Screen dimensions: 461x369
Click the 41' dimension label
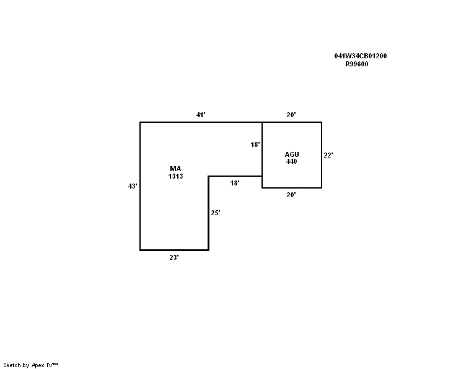coord(201,115)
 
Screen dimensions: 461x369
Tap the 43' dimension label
coord(133,186)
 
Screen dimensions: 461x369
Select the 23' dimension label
coord(174,257)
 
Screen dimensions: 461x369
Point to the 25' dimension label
coord(216,213)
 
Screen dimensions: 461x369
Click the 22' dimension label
coord(328,155)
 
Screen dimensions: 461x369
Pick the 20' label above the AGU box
coord(291,115)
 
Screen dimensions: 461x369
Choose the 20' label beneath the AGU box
coord(291,195)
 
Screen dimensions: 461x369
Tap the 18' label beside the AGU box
coord(255,144)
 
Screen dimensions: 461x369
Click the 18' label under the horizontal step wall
coord(235,183)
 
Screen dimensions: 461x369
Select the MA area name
coord(175,169)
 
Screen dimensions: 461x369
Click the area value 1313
coord(175,176)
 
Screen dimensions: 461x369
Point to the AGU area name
coord(292,154)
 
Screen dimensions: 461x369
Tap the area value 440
coord(291,161)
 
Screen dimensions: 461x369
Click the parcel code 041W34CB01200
coord(361,56)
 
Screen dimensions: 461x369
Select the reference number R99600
coord(357,64)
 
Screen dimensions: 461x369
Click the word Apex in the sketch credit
coord(38,365)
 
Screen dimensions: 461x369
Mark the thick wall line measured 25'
coord(208,213)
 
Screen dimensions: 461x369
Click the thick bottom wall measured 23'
coord(174,250)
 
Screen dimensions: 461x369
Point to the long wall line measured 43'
coord(140,186)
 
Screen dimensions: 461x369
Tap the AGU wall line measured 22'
coord(322,155)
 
